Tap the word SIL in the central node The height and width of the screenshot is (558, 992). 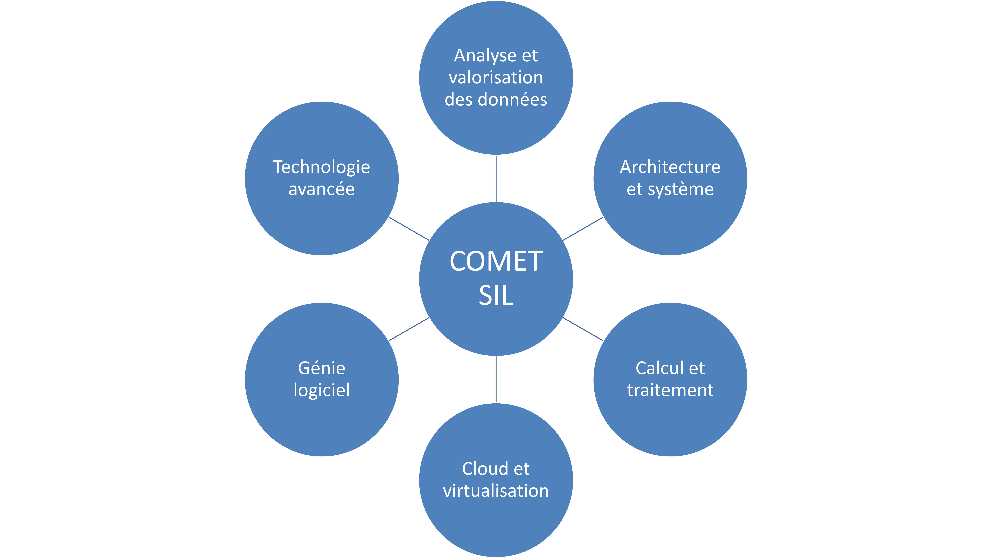tap(496, 296)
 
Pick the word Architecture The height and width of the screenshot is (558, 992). tap(670, 167)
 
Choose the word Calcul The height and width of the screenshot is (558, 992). tap(659, 368)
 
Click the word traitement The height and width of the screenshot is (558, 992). tap(670, 390)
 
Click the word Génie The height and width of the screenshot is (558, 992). tap(322, 368)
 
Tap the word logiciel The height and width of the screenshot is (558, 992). tap(322, 390)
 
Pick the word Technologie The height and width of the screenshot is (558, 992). tap(322, 167)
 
